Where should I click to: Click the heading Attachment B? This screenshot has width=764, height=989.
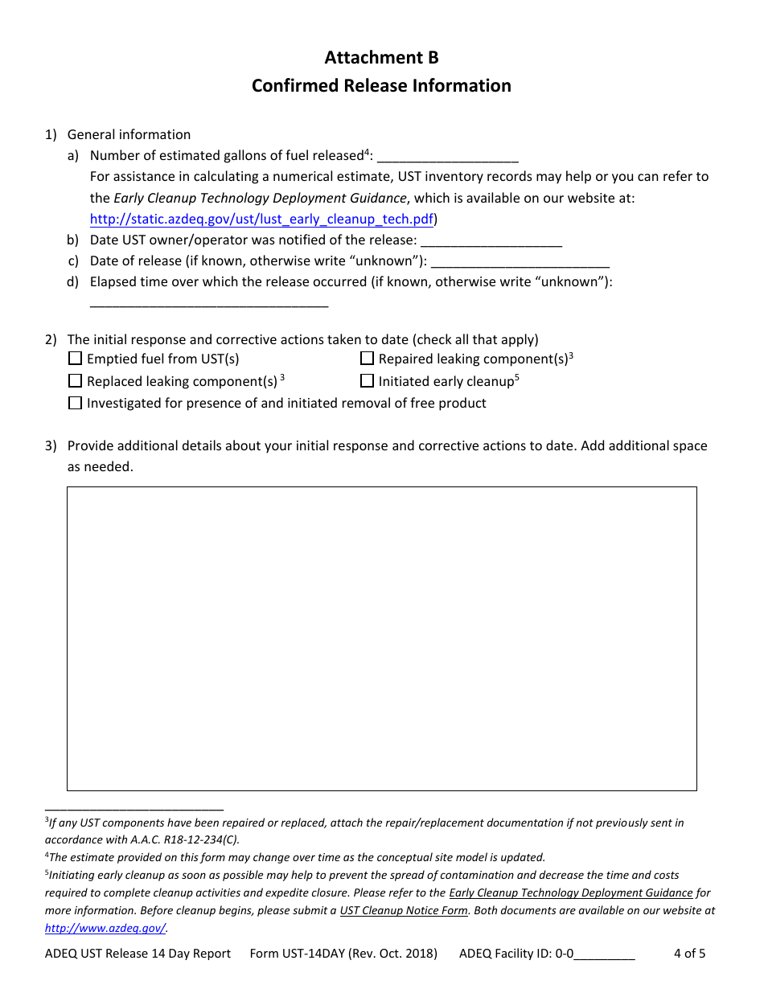[381, 58]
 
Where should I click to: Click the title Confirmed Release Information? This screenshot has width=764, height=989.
[381, 86]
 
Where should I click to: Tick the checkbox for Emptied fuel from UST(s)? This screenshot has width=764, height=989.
[76, 359]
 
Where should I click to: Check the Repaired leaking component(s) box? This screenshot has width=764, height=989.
[368, 359]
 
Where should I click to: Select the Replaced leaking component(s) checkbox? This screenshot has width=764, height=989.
[76, 381]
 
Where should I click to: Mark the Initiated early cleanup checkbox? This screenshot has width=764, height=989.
[368, 381]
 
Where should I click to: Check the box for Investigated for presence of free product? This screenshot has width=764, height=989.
[76, 404]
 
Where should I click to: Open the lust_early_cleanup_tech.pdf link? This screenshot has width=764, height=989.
[261, 219]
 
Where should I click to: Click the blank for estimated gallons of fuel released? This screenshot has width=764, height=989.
[447, 158]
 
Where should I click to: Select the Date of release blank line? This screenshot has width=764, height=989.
[520, 262]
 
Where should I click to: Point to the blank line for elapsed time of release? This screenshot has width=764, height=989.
[209, 304]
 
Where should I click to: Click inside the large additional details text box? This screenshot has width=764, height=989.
[381, 638]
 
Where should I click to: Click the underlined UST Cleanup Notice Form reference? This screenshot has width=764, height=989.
[404, 910]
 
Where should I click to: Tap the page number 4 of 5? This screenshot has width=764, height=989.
[689, 954]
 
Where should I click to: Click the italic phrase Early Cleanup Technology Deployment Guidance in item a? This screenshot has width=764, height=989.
[260, 198]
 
